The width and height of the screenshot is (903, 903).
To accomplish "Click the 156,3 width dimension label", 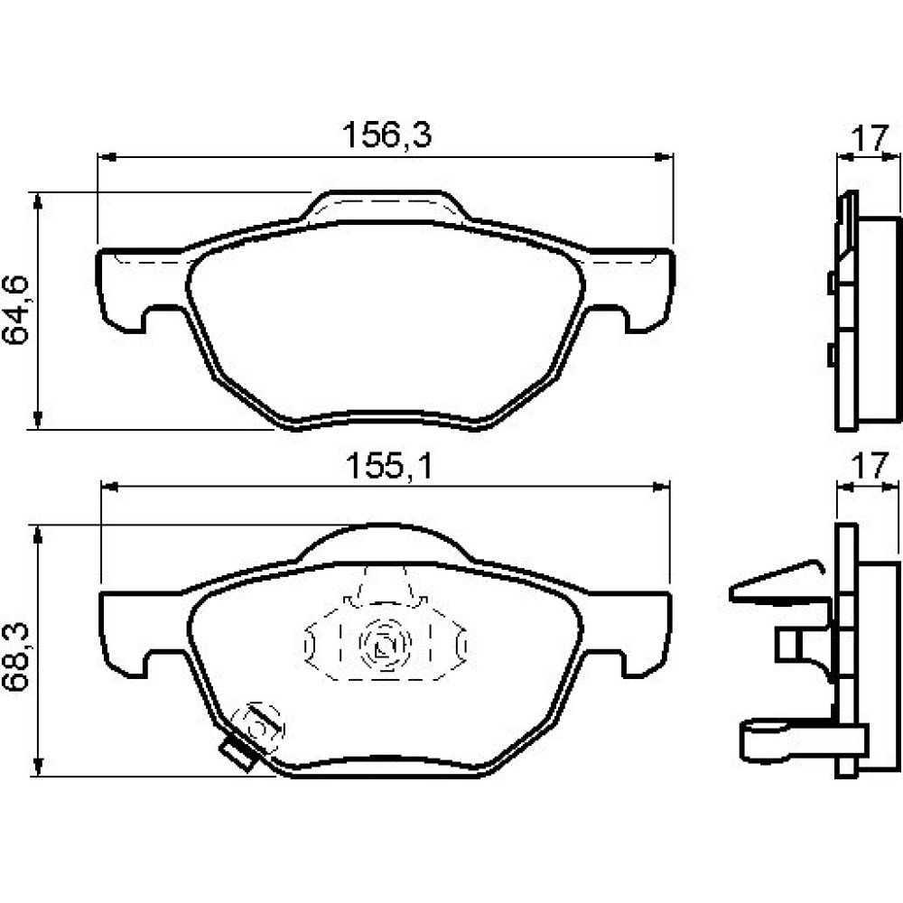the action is [x=386, y=135].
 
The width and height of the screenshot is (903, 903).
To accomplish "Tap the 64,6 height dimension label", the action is [x=15, y=311].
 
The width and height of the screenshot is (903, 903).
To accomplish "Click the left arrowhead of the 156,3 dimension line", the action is [x=107, y=156].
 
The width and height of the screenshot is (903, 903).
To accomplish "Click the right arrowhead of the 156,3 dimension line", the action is [x=664, y=156].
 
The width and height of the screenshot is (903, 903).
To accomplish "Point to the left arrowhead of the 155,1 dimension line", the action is [x=110, y=488].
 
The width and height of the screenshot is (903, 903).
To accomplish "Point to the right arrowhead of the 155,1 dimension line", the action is [x=661, y=488].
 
